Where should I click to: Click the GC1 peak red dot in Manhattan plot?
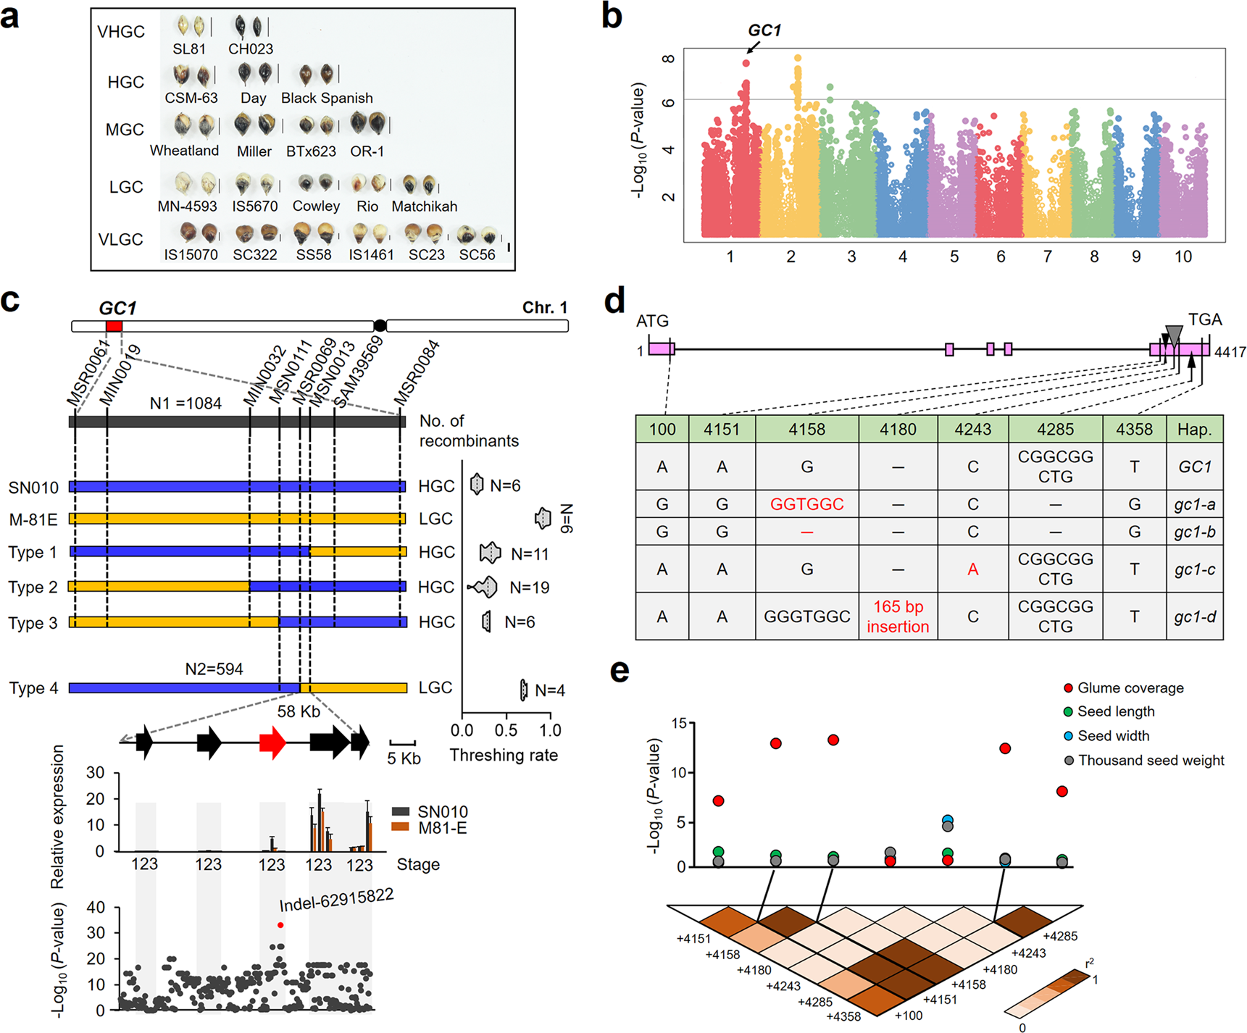pyautogui.click(x=746, y=63)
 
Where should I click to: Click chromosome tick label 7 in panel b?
pyautogui.click(x=1047, y=256)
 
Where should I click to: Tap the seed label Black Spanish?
pyautogui.click(x=327, y=98)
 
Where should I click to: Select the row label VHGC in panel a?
pyautogui.click(x=121, y=32)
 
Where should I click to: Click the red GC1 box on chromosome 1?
pyautogui.click(x=114, y=327)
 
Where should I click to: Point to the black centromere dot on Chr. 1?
pyautogui.click(x=380, y=326)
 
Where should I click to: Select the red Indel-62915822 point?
pyautogui.click(x=280, y=925)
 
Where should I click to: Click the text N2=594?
pyautogui.click(x=214, y=669)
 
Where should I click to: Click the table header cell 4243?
pyautogui.click(x=972, y=430)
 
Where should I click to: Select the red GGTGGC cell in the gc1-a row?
pyautogui.click(x=806, y=504)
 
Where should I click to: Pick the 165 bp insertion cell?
pyautogui.click(x=898, y=616)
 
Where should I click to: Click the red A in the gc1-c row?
pyautogui.click(x=972, y=569)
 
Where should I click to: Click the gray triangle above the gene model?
pyautogui.click(x=1174, y=333)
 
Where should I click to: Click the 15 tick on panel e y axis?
pyautogui.click(x=678, y=724)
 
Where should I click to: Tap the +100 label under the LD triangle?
pyautogui.click(x=909, y=1016)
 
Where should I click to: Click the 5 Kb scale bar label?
pyautogui.click(x=404, y=758)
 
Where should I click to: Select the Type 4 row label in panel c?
pyautogui.click(x=33, y=688)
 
